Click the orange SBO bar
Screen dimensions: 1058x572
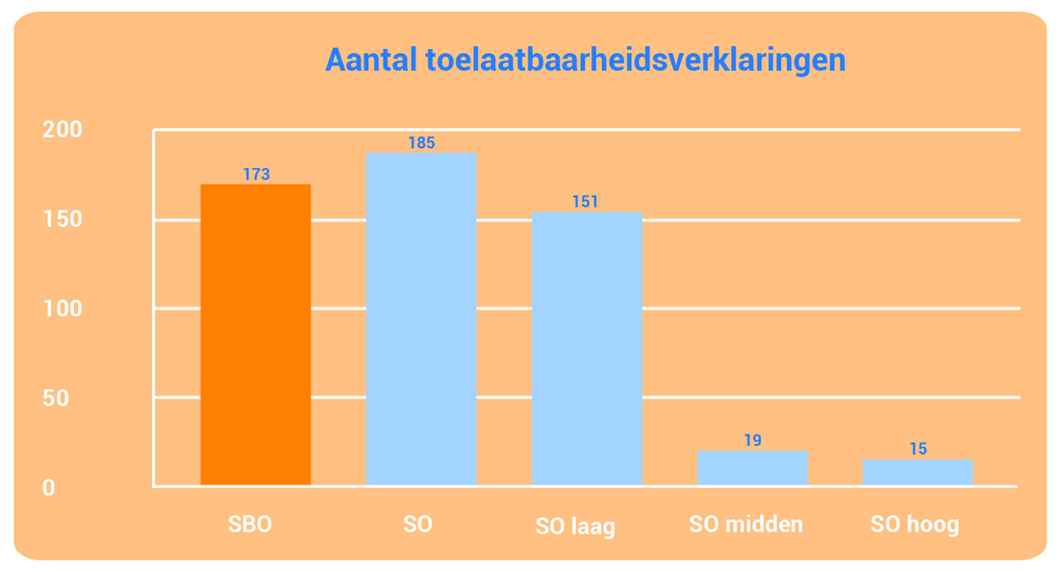256,335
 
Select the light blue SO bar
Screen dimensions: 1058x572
421,318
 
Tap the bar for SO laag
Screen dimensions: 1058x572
587,348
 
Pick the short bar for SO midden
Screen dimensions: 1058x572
752,467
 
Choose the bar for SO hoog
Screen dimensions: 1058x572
918,472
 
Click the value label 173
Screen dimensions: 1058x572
257,174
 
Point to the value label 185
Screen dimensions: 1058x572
421,142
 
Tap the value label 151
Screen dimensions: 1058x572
585,201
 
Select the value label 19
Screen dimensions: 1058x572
752,440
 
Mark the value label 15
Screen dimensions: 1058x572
918,449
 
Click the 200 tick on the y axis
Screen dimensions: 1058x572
63,129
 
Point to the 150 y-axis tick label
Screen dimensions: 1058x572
63,218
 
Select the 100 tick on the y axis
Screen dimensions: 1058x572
63,309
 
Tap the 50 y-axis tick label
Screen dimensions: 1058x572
56,398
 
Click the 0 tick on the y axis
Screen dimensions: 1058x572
49,487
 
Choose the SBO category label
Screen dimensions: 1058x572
250,524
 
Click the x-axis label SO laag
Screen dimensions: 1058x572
575,526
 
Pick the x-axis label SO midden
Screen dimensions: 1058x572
745,524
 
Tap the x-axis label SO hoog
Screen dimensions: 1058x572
915,525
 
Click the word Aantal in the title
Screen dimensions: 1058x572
371,60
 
